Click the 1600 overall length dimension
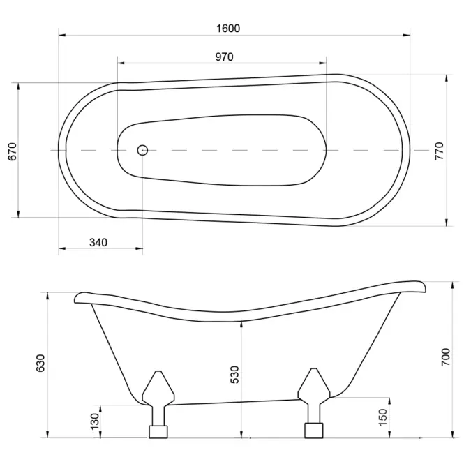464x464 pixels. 228,29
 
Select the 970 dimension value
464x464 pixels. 224,57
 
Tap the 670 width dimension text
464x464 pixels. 13,151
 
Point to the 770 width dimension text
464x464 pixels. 440,151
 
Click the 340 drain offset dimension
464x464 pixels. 98,243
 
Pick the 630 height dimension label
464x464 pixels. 40,363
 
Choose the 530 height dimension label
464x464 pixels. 234,375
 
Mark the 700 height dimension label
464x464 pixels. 445,357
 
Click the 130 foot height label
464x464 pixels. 95,421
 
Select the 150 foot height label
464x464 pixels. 383,417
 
